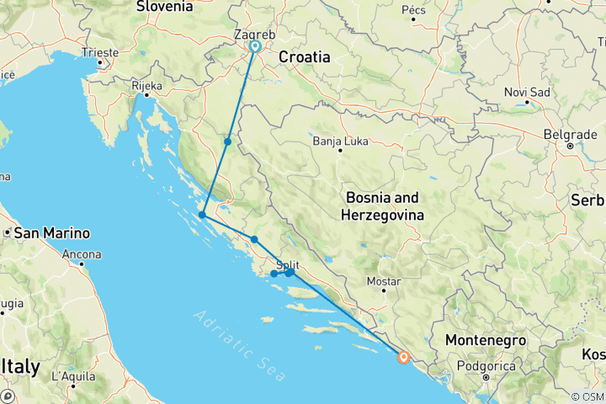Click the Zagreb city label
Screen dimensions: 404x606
(251, 35)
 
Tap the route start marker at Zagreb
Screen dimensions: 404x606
(255, 47)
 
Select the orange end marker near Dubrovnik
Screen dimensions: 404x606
(404, 358)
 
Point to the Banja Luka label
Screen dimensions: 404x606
(340, 141)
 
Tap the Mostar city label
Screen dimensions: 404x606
(384, 281)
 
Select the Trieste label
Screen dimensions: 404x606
(100, 52)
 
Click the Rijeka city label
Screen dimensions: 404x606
(146, 85)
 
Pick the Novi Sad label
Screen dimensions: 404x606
(527, 92)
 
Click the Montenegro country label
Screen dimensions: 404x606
(485, 340)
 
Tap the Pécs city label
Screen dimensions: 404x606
(414, 10)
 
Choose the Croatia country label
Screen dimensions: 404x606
(304, 57)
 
